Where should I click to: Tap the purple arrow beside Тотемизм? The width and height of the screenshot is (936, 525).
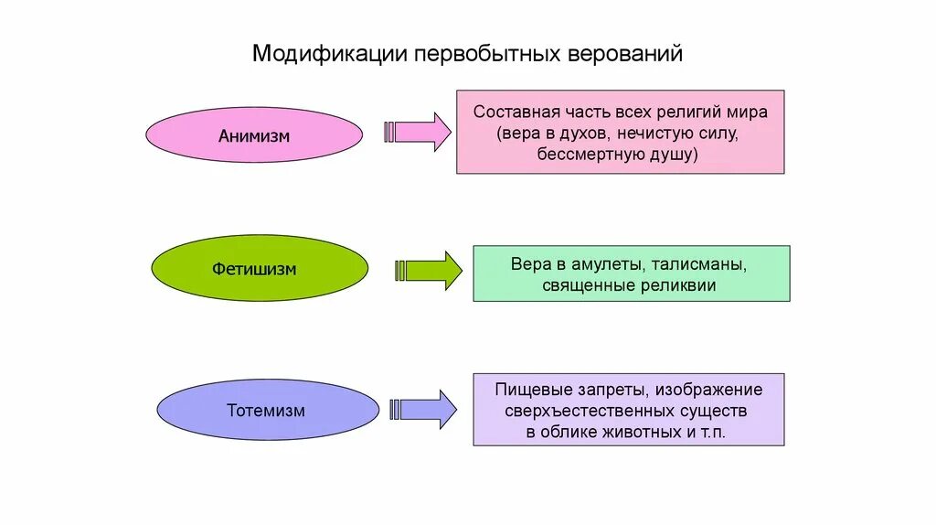coord(426,409)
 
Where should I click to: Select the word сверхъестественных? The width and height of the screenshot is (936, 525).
coord(574,411)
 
